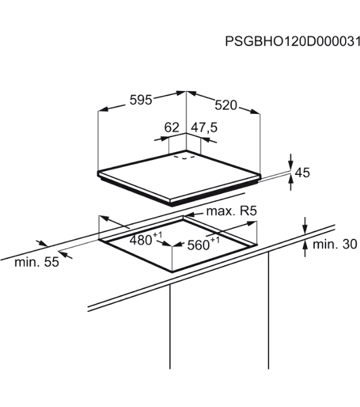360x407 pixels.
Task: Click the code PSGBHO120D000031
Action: click(x=292, y=41)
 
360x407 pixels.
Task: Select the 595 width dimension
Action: click(x=140, y=100)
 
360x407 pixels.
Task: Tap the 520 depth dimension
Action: click(x=226, y=105)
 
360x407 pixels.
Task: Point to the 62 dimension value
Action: click(x=172, y=128)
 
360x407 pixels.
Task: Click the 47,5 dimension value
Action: click(x=204, y=128)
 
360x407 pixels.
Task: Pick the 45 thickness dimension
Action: click(x=302, y=172)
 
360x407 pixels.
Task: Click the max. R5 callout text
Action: click(x=231, y=211)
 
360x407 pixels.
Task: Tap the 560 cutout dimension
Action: click(x=203, y=244)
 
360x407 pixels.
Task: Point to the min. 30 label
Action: click(x=335, y=244)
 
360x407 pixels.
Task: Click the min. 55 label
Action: click(x=37, y=262)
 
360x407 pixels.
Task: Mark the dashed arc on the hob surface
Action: click(x=184, y=157)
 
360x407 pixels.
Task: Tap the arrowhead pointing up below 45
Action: click(x=291, y=179)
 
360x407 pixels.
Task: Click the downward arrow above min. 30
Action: click(x=305, y=229)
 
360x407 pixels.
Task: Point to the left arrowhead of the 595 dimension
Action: click(x=103, y=109)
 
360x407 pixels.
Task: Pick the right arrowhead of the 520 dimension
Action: click(x=255, y=111)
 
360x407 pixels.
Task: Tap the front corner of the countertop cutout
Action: click(x=172, y=272)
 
